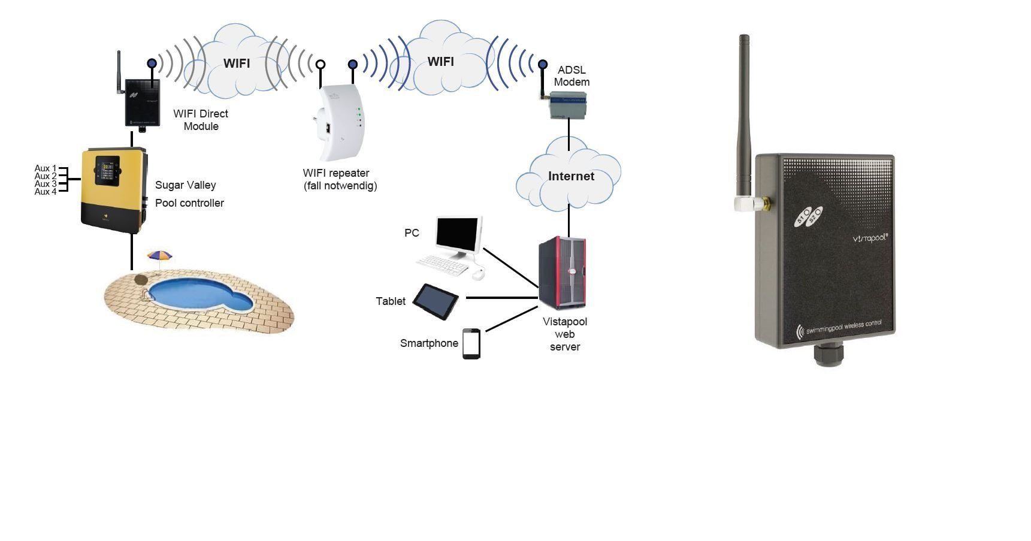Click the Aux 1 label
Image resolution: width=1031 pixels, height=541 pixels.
(46, 168)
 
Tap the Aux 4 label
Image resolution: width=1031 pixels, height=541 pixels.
(46, 192)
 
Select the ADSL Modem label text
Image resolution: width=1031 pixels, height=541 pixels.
(572, 76)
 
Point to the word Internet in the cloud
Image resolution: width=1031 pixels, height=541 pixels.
(571, 176)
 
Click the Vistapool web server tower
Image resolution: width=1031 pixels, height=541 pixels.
(562, 272)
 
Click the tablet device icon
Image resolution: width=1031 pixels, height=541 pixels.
(436, 301)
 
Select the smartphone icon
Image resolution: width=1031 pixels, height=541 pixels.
(471, 343)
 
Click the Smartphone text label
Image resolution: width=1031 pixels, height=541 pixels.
(429, 343)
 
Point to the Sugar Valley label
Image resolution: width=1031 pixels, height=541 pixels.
(185, 185)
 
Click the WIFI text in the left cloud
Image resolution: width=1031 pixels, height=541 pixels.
(237, 64)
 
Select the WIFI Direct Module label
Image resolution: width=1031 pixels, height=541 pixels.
(201, 120)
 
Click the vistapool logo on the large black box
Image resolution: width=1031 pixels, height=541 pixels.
(870, 238)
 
